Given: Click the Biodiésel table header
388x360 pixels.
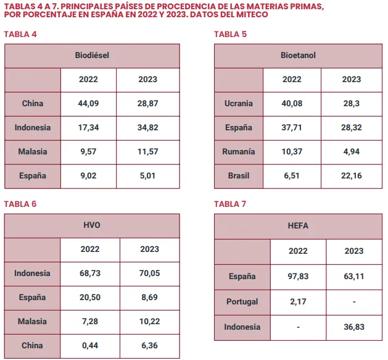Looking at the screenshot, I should tap(92, 55).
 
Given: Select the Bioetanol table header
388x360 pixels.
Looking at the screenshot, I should tap(298, 55).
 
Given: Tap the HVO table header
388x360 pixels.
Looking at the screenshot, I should tap(92, 225).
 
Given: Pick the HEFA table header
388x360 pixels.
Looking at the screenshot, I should tap(298, 226).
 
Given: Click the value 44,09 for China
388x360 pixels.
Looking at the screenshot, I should tap(88, 103).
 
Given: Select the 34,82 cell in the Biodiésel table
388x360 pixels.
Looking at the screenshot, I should tap(148, 127).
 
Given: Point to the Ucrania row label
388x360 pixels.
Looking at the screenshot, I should tap(239, 103).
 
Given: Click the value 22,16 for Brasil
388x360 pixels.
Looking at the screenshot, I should tap(352, 175).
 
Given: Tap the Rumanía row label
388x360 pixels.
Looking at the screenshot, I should tap(239, 151).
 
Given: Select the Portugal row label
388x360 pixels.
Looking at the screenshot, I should tap(242, 301).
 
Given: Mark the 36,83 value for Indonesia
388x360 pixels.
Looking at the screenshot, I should tap(353, 327).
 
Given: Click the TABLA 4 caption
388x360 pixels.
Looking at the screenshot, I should tap(20, 34).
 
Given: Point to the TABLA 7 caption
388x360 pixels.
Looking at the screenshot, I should tap(230, 204).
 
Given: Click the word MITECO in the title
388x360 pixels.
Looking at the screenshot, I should tap(252, 14).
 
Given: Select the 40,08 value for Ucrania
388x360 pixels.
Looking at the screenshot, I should tap(292, 103).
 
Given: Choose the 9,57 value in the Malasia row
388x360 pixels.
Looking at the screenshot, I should tap(88, 151).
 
